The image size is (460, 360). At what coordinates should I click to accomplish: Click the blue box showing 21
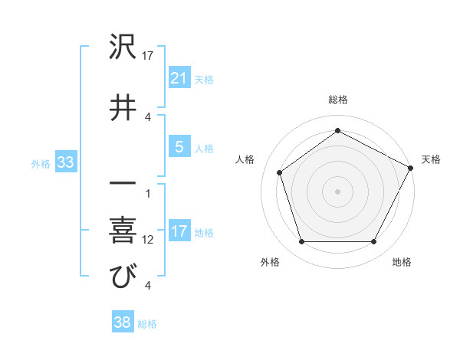pos(179,78)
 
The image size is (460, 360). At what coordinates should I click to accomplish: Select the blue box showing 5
pos(179,147)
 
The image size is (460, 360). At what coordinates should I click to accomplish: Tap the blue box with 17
pos(179,232)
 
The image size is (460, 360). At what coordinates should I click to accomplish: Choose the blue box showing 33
pos(65,162)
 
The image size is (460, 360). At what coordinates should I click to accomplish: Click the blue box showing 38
pos(122,323)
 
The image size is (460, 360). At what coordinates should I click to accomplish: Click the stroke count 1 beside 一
pos(148,193)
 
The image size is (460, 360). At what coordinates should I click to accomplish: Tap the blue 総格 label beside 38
pos(147,324)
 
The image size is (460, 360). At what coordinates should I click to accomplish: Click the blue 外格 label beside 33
pos(41,163)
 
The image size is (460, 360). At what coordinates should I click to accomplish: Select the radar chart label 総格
pos(338,100)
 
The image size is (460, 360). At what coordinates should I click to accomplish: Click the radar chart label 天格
pos(431,159)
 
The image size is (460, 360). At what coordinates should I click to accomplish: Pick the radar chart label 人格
pos(245,159)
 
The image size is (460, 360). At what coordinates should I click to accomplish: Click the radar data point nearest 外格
pos(301,242)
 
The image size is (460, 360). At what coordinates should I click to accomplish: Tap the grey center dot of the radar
pos(338,191)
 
